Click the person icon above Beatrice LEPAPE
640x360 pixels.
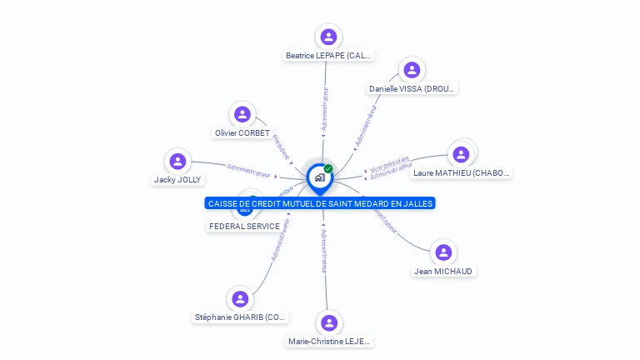coord(328,37)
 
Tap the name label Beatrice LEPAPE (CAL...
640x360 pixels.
coord(328,56)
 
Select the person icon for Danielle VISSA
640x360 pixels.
coord(411,70)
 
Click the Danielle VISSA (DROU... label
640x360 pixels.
coord(412,88)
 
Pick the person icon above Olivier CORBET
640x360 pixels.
coord(242,114)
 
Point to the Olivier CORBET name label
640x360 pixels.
coord(242,133)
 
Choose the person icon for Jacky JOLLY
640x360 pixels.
coord(177,161)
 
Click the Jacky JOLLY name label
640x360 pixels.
coord(177,179)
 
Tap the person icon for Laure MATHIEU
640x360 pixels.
coord(461,154)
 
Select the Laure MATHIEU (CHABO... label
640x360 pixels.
coord(462,173)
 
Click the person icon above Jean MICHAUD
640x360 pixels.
coord(444,252)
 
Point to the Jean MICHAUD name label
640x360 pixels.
coord(444,271)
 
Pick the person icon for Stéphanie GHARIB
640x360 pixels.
coord(240,298)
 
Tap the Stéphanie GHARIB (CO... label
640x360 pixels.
coord(241,317)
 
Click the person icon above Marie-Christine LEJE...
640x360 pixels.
coord(329,322)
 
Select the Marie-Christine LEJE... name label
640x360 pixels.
coord(329,342)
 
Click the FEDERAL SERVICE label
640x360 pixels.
coord(244,226)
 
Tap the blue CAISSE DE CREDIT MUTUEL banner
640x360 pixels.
coord(320,203)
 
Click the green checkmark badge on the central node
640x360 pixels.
coord(328,169)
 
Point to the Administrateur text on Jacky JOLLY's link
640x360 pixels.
coord(248,170)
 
